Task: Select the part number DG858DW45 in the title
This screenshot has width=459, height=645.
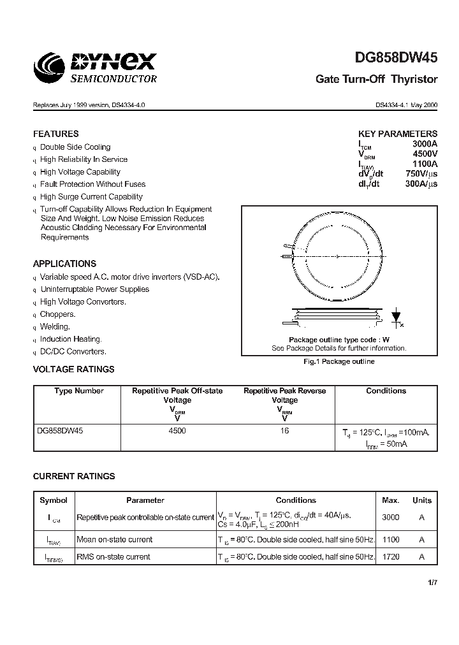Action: [395, 59]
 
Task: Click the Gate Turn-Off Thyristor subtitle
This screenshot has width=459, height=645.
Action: [377, 80]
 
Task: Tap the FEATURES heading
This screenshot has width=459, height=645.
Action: [56, 134]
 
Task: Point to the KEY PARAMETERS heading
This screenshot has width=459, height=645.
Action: [398, 134]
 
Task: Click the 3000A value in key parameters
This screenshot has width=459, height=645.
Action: [425, 144]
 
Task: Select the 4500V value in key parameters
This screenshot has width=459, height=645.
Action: [425, 154]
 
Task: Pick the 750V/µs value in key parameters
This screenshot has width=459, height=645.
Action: [421, 175]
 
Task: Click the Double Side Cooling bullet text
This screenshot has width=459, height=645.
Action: [75, 147]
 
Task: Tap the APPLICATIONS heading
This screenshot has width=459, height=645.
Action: [65, 263]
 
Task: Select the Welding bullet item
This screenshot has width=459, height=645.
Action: [55, 326]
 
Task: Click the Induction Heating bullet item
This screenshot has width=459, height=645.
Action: [71, 339]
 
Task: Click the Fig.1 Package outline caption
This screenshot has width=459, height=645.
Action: [339, 361]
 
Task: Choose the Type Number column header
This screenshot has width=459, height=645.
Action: [78, 391]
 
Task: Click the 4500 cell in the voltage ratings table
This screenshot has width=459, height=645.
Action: [177, 431]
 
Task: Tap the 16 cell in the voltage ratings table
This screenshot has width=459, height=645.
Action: [284, 431]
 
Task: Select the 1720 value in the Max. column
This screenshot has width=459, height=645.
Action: [391, 556]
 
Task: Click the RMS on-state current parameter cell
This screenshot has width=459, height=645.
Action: [113, 556]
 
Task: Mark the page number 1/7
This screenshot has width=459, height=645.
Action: [432, 582]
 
